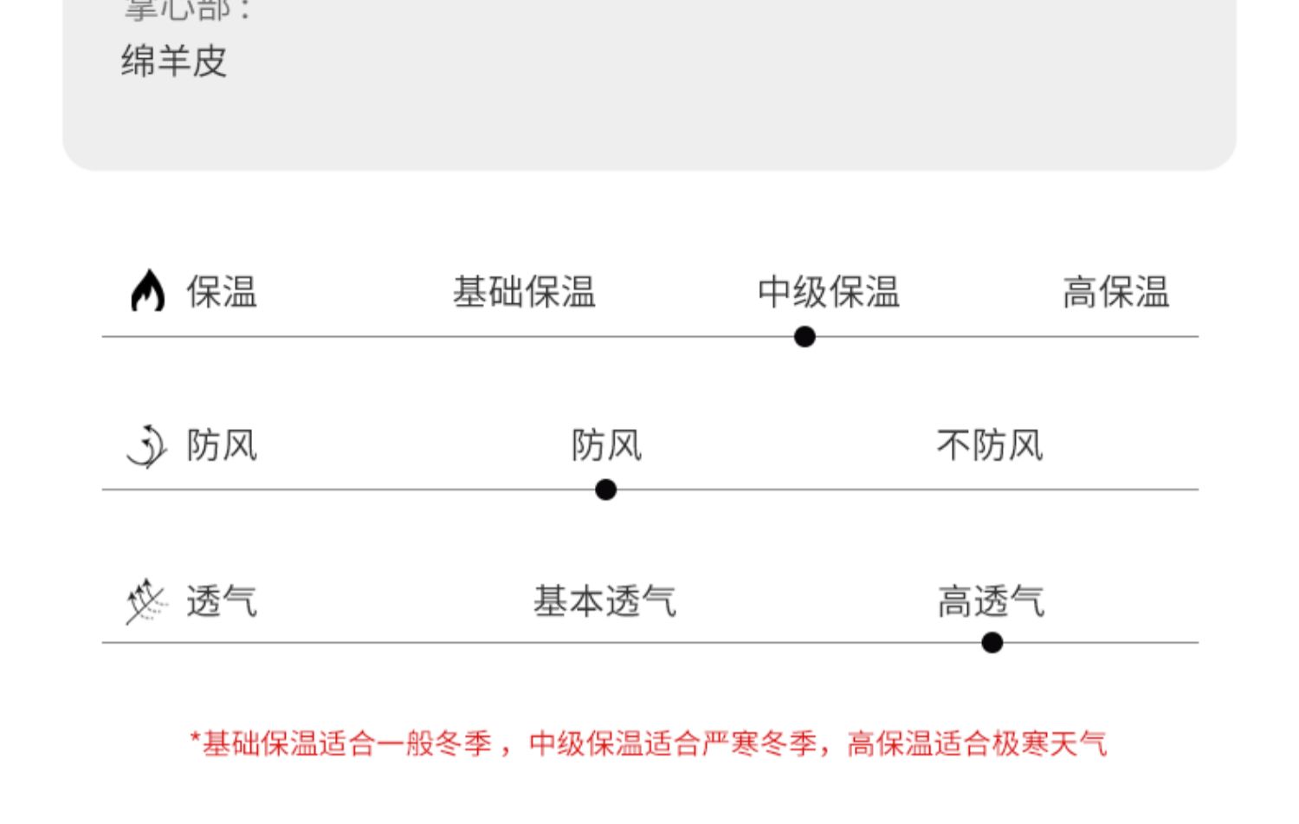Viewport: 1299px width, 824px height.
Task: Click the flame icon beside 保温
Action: (148, 290)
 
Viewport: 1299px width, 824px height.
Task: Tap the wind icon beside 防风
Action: (146, 446)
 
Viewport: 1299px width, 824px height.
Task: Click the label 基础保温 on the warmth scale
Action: (524, 292)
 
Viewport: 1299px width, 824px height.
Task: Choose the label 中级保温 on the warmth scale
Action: (829, 292)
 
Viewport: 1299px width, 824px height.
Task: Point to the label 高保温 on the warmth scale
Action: (1115, 292)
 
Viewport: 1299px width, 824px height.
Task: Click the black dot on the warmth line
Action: (805, 336)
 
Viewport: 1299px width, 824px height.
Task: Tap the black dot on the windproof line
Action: (606, 490)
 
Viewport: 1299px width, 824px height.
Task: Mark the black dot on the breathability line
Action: (992, 642)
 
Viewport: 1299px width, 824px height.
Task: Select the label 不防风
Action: (990, 445)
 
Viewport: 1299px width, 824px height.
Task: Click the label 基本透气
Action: (604, 600)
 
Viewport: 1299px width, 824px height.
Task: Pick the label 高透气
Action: (991, 600)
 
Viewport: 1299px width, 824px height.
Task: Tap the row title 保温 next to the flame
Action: (222, 292)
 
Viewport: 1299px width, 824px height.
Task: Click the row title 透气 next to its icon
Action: (222, 600)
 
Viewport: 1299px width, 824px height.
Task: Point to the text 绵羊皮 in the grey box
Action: (174, 62)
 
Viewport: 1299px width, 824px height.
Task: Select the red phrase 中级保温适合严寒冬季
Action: (673, 743)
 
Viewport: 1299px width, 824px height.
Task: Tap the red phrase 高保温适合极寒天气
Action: (977, 743)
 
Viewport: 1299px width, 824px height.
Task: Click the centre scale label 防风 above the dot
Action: (606, 445)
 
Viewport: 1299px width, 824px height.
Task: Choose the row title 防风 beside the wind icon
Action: (222, 445)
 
